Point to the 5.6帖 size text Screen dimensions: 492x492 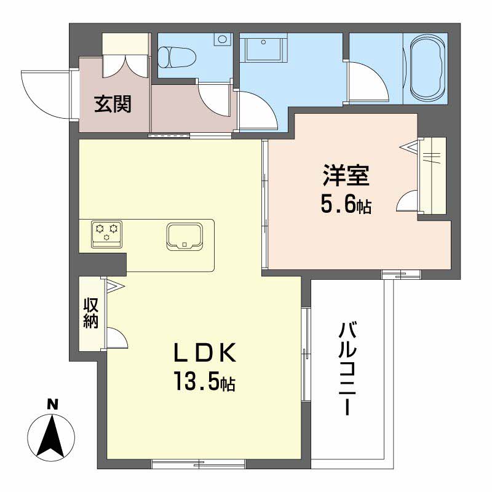[x=346, y=205]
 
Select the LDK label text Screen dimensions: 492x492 [x=204, y=355]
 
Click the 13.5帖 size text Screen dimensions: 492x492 [x=204, y=383]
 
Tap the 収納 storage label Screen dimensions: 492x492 [x=91, y=314]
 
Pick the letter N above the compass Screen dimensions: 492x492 [x=53, y=405]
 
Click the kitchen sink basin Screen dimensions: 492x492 [x=184, y=237]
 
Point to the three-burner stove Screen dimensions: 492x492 [x=106, y=232]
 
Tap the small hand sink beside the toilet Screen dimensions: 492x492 [x=221, y=39]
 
